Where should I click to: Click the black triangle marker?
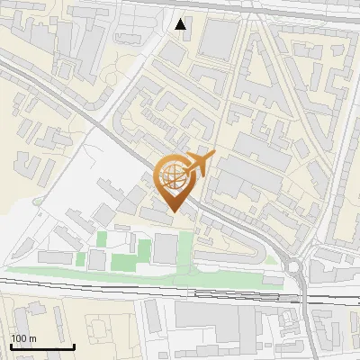[x=181, y=24]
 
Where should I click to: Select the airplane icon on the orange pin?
[x=198, y=164]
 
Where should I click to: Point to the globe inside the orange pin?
[x=175, y=178]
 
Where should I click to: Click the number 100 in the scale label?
[x=19, y=338]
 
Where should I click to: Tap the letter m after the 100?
[x=32, y=338]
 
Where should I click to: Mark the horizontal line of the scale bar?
[x=42, y=346]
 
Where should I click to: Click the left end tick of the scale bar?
[x=11, y=345]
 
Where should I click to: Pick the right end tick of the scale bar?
[x=74, y=345]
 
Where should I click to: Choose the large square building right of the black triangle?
[x=218, y=40]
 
